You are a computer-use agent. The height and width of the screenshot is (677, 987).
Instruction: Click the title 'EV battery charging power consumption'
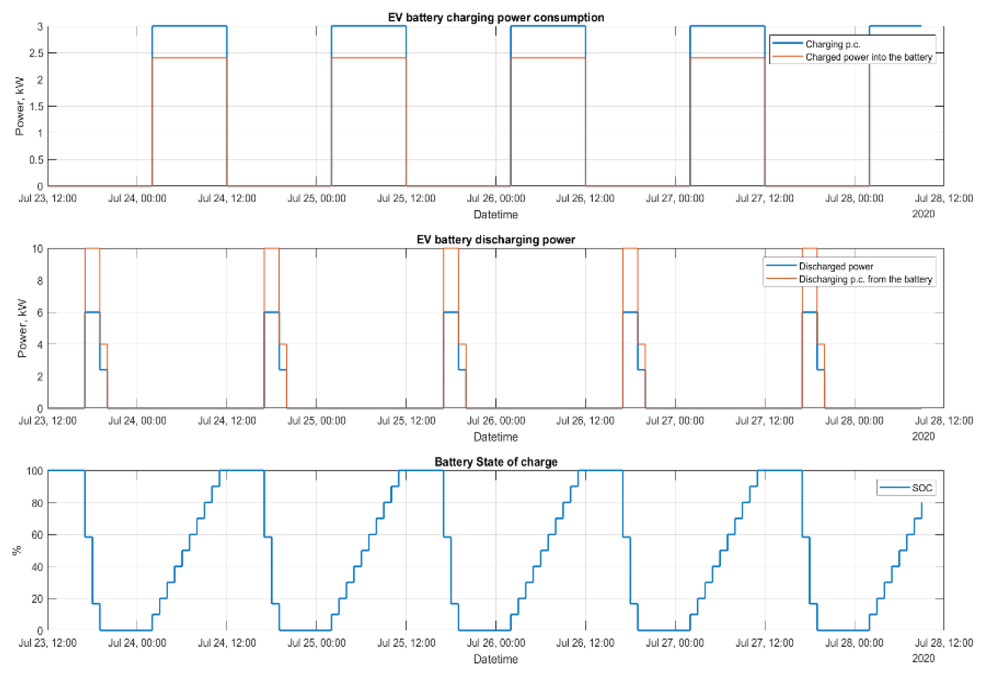[x=495, y=17]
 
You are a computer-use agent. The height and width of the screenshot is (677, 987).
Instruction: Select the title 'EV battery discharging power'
[x=495, y=239]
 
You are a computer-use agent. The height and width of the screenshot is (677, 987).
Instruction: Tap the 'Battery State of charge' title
[x=495, y=462]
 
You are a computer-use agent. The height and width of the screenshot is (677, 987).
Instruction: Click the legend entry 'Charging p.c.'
[x=832, y=44]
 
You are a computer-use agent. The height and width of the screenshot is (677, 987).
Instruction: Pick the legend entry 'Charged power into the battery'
[x=868, y=57]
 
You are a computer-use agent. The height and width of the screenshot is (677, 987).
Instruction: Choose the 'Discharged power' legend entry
[x=836, y=266]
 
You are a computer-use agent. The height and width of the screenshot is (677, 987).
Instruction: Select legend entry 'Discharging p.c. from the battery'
[x=865, y=279]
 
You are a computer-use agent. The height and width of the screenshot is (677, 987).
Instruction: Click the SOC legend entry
[x=922, y=488]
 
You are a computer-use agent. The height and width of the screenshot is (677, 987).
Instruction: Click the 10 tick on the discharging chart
[x=37, y=249]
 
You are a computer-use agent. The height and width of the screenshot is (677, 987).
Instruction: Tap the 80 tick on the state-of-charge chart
[x=37, y=503]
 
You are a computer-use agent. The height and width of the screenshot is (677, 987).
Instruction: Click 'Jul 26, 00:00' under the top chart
[x=495, y=198]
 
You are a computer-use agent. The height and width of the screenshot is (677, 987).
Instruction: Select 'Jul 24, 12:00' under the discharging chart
[x=227, y=421]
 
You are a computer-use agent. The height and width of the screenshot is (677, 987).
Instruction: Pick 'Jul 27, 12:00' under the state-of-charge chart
[x=765, y=643]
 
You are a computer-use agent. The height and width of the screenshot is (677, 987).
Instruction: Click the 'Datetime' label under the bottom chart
[x=495, y=659]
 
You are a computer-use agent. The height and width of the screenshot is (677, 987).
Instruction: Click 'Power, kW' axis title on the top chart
[x=20, y=106]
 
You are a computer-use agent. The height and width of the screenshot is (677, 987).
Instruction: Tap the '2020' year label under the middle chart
[x=923, y=436]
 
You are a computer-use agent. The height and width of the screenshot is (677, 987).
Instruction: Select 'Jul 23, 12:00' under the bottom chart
[x=48, y=643]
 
